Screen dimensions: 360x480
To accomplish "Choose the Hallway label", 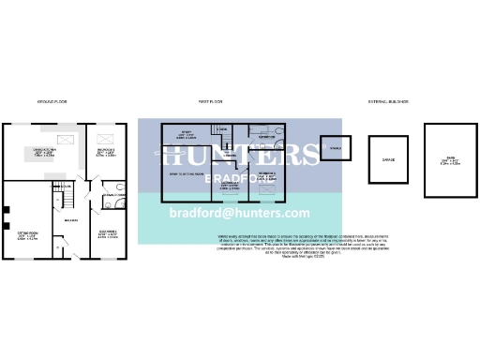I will click(70, 221).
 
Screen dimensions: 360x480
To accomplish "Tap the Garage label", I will click(388, 160).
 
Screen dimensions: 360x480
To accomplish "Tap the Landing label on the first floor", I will click(228, 154).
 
